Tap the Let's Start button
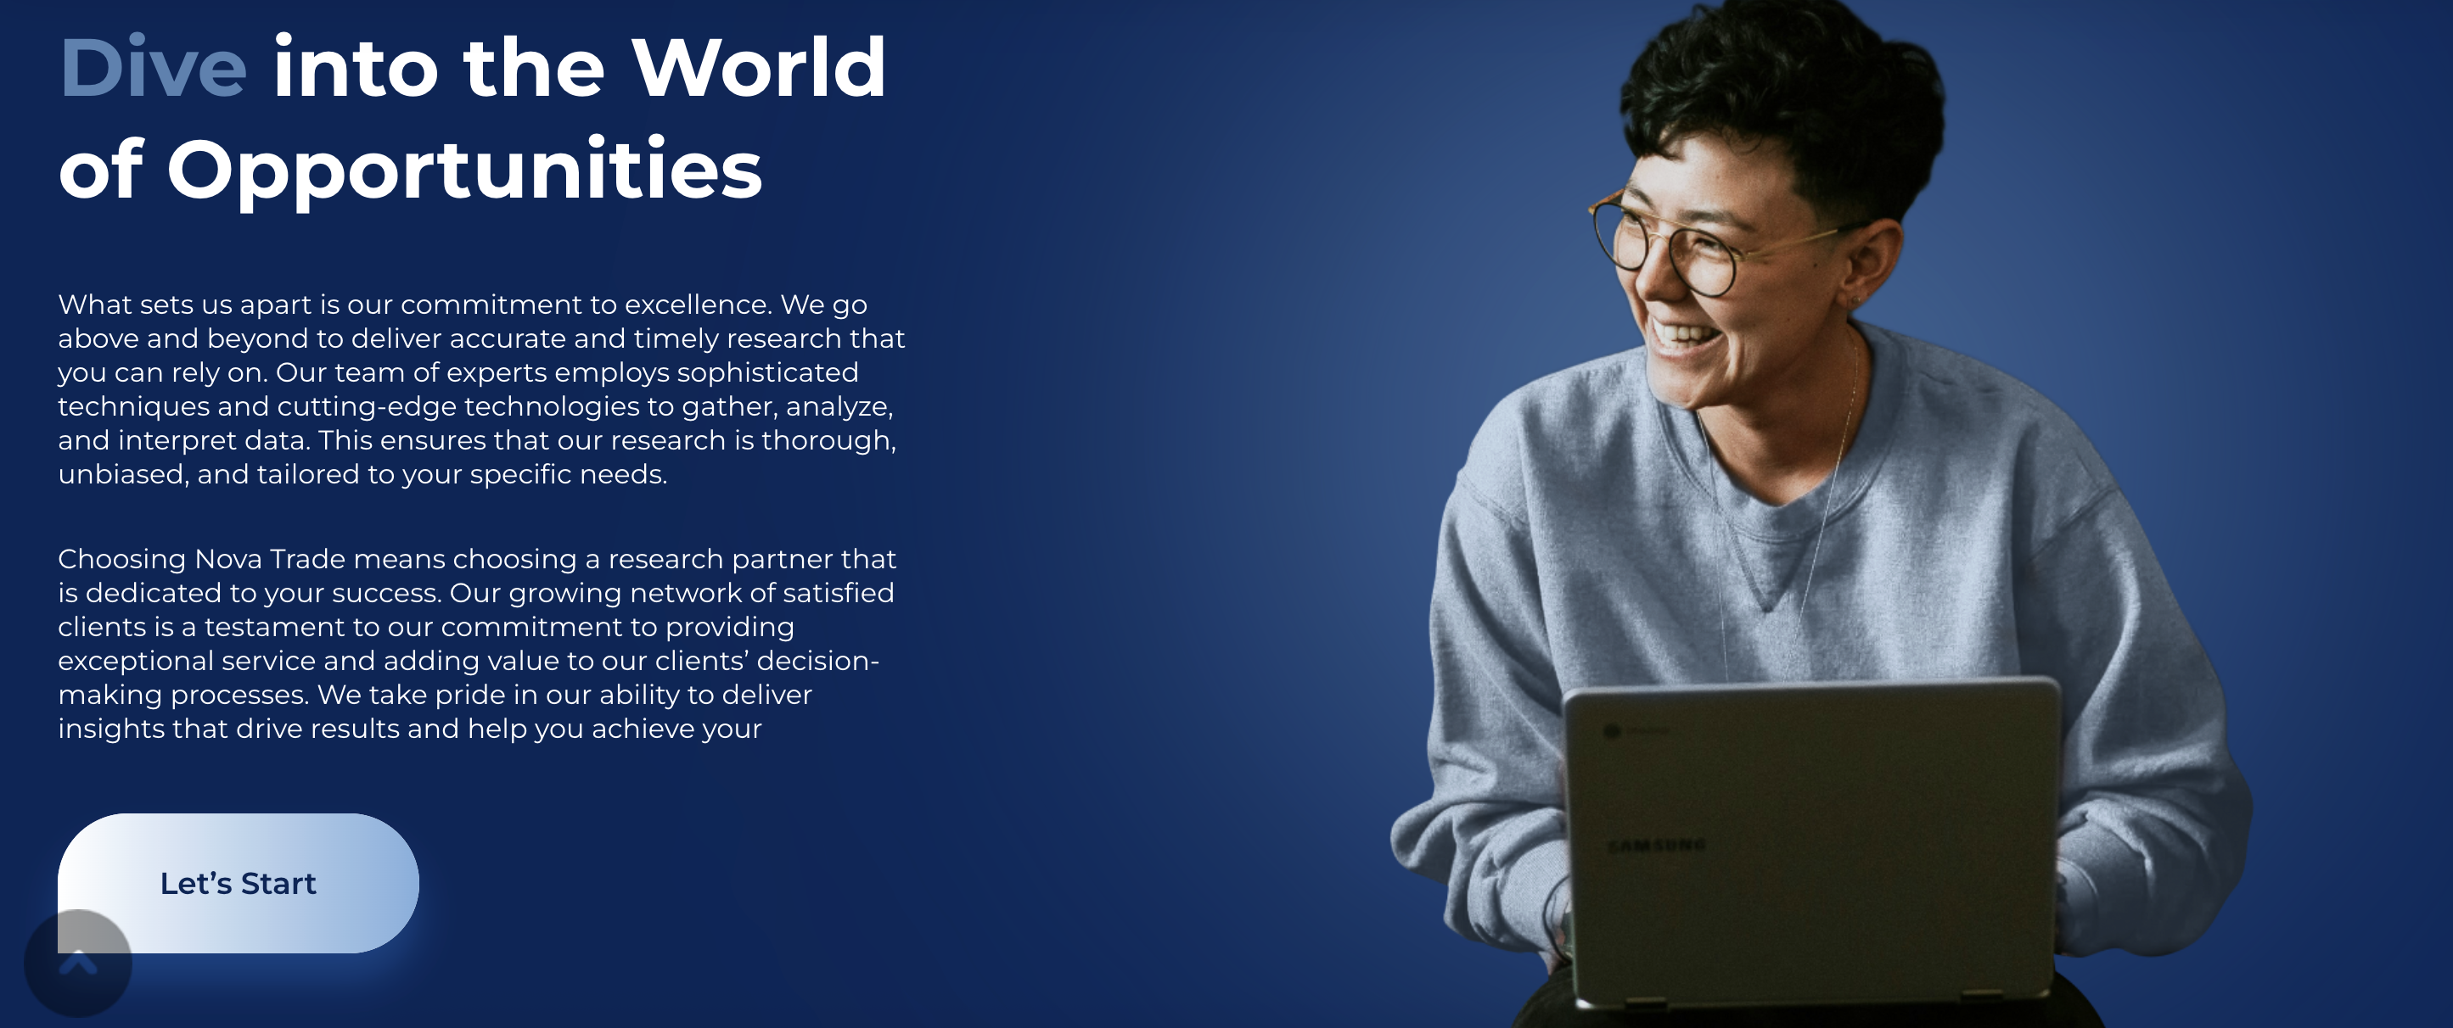click(238, 883)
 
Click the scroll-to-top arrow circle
click(78, 964)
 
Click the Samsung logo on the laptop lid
click(1656, 846)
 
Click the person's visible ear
click(1869, 262)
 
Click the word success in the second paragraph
click(385, 593)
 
